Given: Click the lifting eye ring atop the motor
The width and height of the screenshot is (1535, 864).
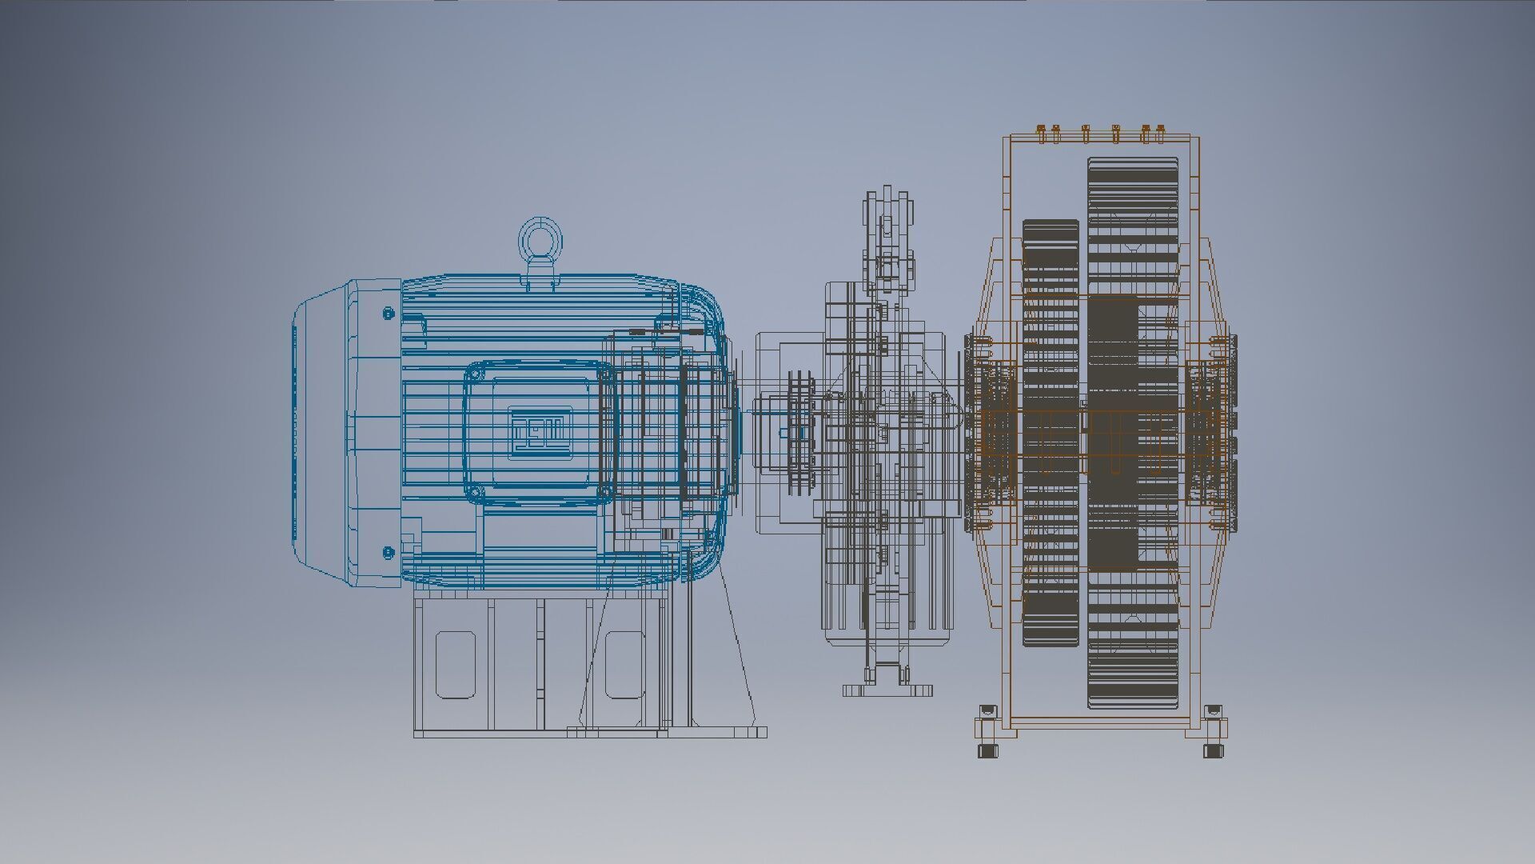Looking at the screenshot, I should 540,237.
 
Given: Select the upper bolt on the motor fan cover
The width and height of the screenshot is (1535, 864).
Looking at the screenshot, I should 389,313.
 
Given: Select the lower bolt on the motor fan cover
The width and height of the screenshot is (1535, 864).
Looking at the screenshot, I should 389,552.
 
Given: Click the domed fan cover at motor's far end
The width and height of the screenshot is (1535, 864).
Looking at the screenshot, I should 320,432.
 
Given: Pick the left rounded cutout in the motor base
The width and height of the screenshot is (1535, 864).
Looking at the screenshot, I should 455,664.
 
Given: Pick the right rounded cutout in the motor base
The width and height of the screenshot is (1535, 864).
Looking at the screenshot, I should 624,664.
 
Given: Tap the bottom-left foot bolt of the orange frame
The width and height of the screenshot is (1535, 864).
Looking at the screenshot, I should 988,750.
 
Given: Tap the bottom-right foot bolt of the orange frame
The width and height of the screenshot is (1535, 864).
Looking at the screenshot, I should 1214,750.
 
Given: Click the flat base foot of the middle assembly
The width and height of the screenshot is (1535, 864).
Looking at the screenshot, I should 887,690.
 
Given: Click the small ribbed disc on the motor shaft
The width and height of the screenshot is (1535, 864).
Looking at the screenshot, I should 797,432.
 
